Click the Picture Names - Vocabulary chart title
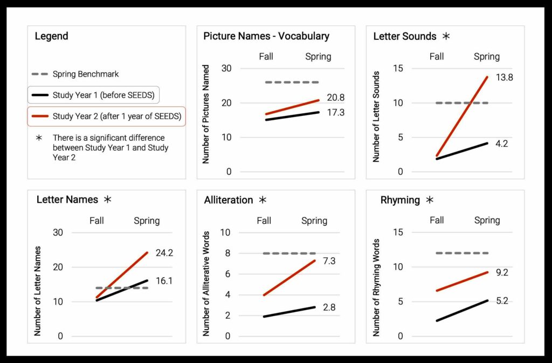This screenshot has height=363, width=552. point(266,37)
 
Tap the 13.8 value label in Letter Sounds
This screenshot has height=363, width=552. point(503,77)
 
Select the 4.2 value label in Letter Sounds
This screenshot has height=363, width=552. point(501,143)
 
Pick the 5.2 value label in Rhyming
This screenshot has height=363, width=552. point(501,301)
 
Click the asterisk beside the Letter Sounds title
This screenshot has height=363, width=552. point(446,37)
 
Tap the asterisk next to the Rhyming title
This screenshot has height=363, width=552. point(429,200)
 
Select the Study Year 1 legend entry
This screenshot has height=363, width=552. point(94,95)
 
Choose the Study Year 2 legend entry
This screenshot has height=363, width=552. point(106,116)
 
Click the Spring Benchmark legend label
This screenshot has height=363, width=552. point(86,74)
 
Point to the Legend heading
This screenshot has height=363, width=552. point(51,37)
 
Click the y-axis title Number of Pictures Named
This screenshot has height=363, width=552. point(206,114)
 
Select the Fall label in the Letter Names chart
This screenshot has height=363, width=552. point(96,220)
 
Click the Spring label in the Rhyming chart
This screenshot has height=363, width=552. point(487,220)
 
